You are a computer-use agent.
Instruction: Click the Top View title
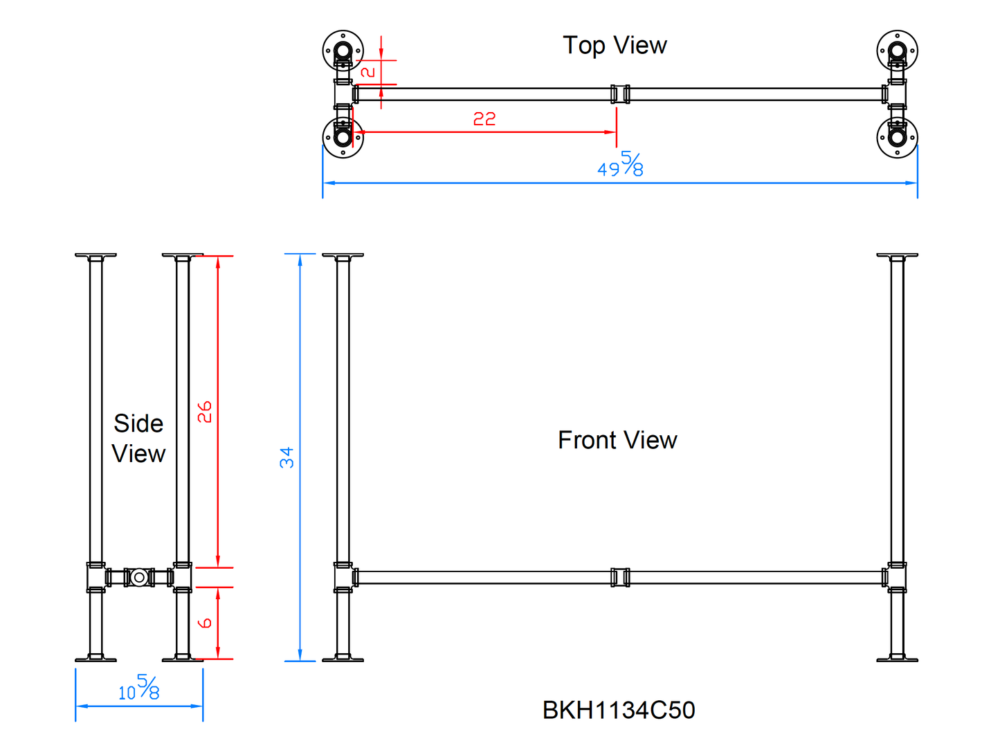615,46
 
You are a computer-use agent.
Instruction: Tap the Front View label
617,440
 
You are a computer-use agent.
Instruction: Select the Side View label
138,439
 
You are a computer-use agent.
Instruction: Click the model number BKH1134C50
619,710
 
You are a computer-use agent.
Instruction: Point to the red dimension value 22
484,119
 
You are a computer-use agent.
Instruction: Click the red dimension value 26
205,412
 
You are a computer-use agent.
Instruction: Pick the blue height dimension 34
287,457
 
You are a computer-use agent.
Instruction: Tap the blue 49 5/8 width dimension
621,165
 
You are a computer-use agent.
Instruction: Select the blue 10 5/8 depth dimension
139,688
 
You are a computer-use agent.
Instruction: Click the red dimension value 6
205,623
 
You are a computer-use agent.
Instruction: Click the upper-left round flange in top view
343,51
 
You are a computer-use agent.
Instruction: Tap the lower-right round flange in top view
897,137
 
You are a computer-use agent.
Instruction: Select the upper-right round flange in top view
897,51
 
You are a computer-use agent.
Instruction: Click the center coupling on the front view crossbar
620,577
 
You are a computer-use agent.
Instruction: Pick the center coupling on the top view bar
620,94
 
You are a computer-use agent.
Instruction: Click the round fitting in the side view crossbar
139,577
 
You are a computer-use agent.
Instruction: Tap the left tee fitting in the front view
344,577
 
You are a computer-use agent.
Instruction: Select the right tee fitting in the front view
896,577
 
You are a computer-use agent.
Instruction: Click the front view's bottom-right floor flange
897,659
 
